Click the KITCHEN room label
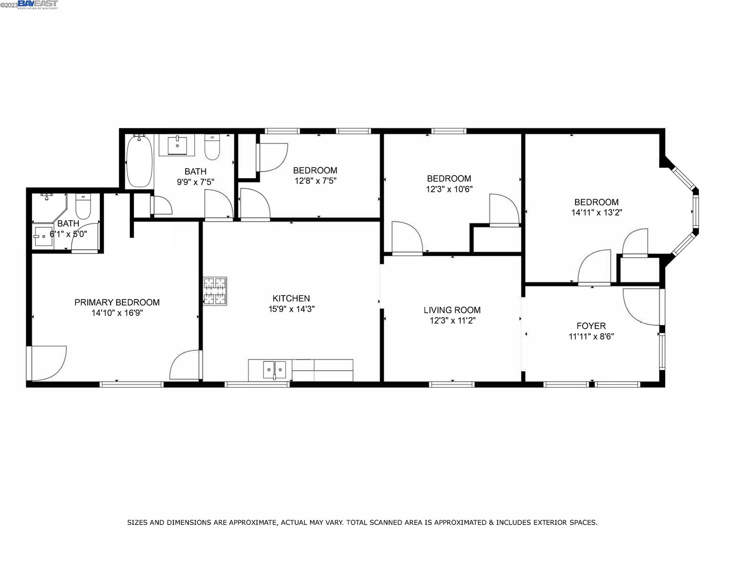pos(291,298)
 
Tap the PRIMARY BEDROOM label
pos(117,302)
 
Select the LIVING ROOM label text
pos(452,310)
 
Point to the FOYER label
pos(591,326)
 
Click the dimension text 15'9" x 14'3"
pos(292,309)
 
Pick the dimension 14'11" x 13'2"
pos(597,212)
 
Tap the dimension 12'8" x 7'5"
pos(315,181)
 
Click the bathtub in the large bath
pos(139,161)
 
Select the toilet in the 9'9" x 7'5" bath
pos(212,147)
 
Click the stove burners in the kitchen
pos(215,291)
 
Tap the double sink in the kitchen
pos(274,370)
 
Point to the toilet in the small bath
pos(83,206)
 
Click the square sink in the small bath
pos(44,236)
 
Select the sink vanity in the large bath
pos(177,145)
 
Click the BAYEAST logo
pos(38,4)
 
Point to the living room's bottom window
pos(452,384)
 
